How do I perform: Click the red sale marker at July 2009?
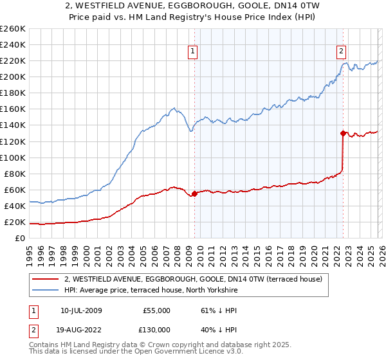pyautogui.click(x=194, y=194)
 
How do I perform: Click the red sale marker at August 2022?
pyautogui.click(x=343, y=133)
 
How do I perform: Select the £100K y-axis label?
pyautogui.click(x=13, y=157)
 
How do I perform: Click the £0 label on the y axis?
pyautogui.click(x=19, y=239)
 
